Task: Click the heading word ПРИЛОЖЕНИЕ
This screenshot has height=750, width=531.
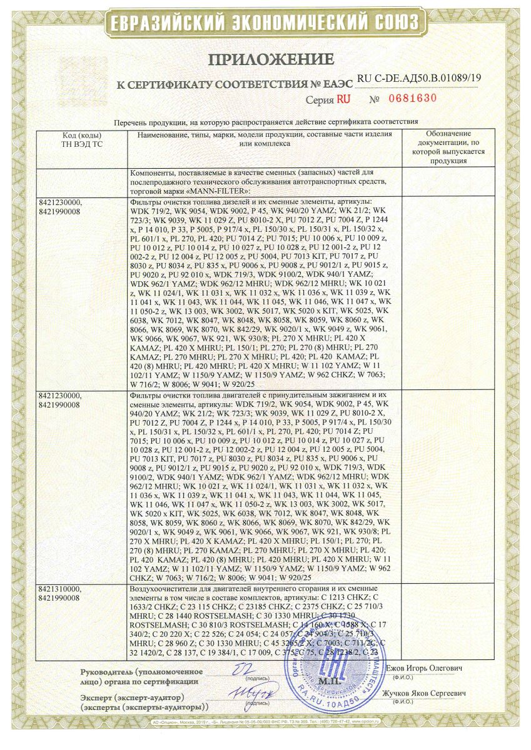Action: pos(265,60)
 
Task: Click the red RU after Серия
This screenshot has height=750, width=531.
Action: pos(344,99)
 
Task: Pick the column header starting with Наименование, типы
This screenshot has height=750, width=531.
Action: pos(261,139)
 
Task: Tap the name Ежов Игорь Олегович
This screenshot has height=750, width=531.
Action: pos(427,669)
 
